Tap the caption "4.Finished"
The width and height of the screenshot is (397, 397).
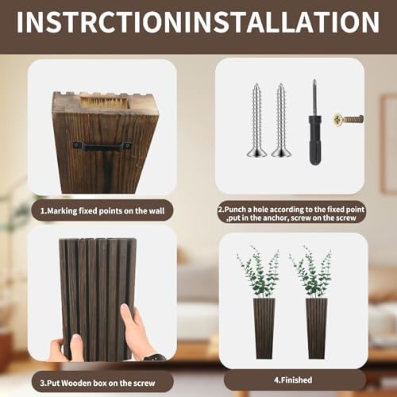(294, 380)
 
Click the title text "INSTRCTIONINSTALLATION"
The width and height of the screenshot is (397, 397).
(198, 21)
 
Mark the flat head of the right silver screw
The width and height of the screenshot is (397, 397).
(281, 152)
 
